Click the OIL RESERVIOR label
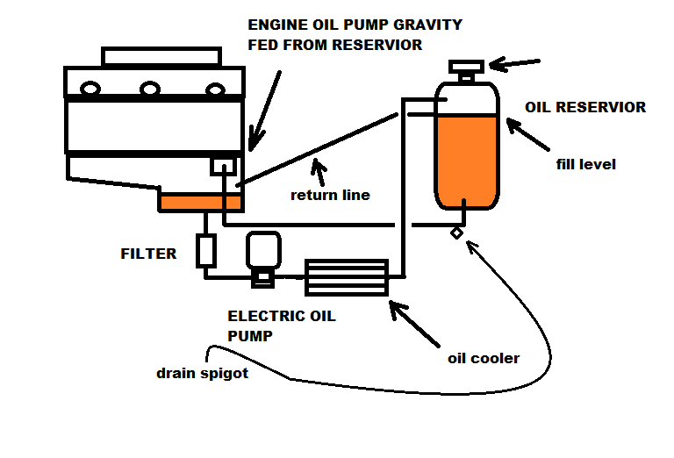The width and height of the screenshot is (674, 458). tap(584, 108)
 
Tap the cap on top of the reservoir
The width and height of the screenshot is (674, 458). tap(464, 67)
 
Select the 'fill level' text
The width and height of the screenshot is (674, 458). tap(585, 164)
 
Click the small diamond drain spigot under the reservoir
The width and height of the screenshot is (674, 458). tap(457, 233)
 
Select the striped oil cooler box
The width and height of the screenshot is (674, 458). tap(346, 277)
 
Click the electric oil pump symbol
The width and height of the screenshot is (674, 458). tap(262, 257)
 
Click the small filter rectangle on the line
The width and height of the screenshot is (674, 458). tap(206, 252)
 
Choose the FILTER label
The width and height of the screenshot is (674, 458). tap(148, 254)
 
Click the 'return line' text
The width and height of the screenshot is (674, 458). tap(330, 195)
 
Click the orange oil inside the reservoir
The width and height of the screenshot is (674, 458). tap(467, 158)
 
